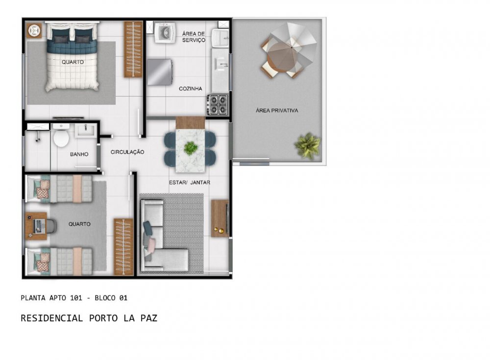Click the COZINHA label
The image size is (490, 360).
(190, 89)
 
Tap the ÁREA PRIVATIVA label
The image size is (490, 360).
(277, 110)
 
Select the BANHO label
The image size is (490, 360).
(79, 154)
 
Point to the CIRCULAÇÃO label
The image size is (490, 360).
(127, 152)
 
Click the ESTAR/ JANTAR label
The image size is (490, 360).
(189, 183)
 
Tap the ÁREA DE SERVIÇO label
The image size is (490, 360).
(194, 37)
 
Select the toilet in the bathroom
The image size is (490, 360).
(61, 135)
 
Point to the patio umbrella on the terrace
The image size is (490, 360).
(290, 48)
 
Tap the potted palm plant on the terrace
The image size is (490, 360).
(308, 145)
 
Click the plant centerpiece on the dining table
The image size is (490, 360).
(190, 148)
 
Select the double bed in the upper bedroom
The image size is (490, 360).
(73, 56)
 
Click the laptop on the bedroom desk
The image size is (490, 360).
(38, 226)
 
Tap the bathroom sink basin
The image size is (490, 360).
(86, 130)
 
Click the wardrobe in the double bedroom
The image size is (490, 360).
(133, 49)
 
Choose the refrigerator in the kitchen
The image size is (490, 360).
(160, 72)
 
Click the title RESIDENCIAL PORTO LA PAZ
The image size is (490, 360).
(89, 318)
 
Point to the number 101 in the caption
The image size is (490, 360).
(76, 298)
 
